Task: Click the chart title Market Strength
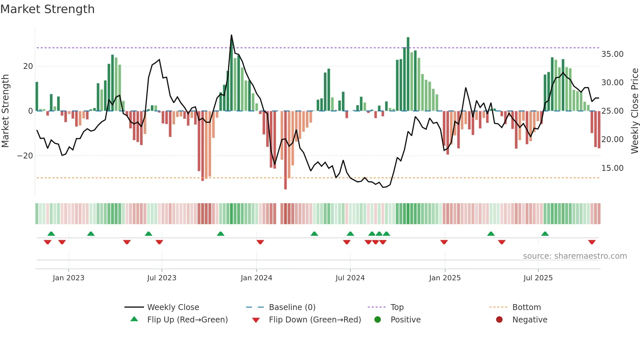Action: tap(47, 9)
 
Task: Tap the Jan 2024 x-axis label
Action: tap(256, 278)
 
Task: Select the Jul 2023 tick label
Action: tap(162, 278)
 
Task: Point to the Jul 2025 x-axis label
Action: tap(538, 278)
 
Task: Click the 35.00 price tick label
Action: tap(612, 54)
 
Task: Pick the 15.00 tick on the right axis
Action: tap(612, 168)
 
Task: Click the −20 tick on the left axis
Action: tap(25, 156)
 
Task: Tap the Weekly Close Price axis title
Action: tap(634, 111)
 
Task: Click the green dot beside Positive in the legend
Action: tap(378, 320)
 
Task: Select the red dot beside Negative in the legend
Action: tap(499, 320)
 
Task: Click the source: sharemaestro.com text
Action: tap(575, 256)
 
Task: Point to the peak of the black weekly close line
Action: tap(232, 35)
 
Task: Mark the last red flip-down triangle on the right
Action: tap(592, 242)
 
